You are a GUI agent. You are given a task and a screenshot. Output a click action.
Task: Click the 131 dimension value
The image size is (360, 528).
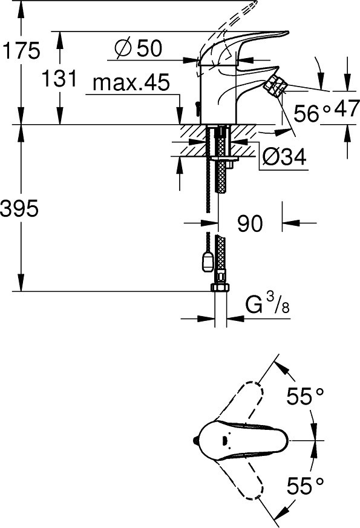(59, 79)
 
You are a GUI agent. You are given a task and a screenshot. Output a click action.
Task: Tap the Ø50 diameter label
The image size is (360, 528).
(139, 48)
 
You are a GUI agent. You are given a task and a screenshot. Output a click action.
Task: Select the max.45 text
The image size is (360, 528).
(131, 82)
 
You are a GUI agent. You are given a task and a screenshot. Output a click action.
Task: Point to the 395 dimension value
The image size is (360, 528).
(19, 209)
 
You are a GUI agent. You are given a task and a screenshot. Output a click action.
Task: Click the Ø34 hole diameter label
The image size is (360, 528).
(284, 157)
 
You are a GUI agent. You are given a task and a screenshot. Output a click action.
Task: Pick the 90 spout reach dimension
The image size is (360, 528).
(250, 223)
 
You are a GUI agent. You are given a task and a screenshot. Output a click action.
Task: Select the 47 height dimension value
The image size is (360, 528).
(345, 108)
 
